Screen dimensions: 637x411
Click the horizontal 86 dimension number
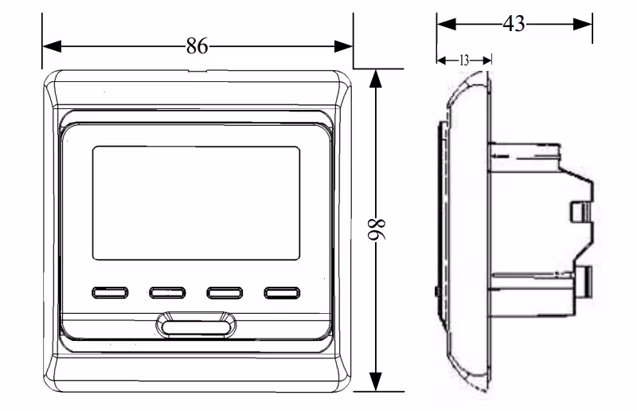click(197, 45)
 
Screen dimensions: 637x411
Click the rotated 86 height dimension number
click(377, 230)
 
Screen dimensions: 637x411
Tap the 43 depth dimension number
click(514, 24)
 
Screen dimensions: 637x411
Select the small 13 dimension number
click(464, 61)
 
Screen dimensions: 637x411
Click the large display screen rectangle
click(196, 203)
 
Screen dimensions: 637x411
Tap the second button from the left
click(167, 292)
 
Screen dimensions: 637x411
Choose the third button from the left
click(225, 292)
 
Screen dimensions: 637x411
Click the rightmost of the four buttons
click(282, 292)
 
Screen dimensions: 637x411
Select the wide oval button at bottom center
click(196, 326)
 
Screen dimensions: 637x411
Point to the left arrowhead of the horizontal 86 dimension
click(52, 46)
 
